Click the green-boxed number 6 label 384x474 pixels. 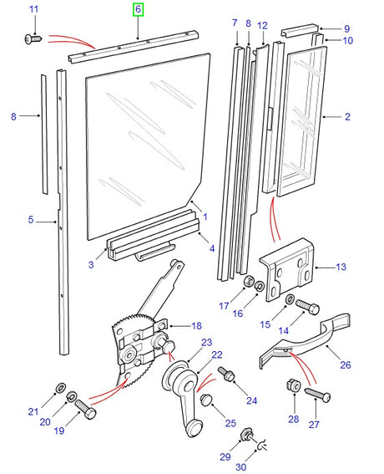(x=138, y=10)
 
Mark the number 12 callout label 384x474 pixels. (x=262, y=26)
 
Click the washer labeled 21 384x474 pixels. (x=59, y=387)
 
